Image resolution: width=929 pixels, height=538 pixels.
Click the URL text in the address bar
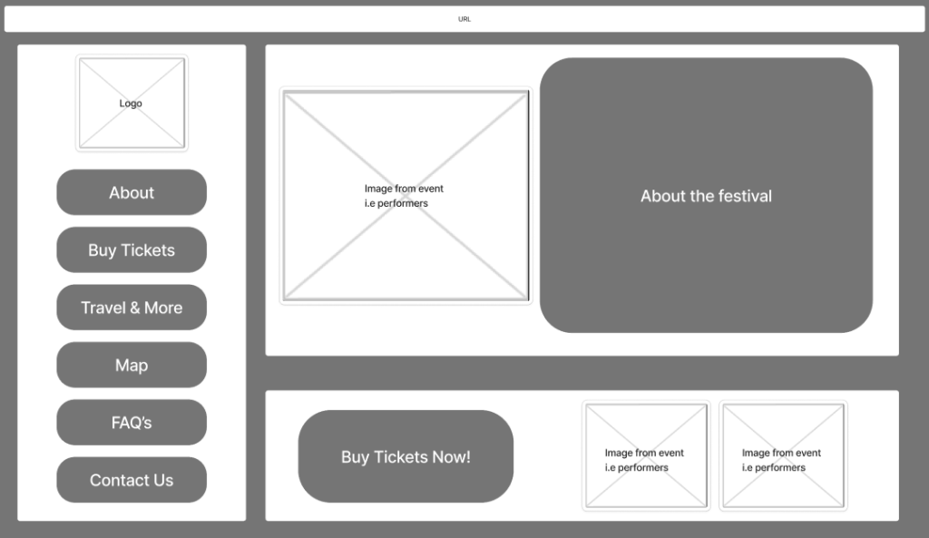(x=464, y=19)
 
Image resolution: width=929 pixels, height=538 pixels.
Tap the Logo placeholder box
(x=132, y=103)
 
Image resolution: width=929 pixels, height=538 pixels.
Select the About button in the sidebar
(x=132, y=192)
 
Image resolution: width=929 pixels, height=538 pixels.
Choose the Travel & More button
(x=132, y=308)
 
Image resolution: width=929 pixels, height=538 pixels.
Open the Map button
(x=132, y=365)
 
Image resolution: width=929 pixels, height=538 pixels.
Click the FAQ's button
(x=132, y=423)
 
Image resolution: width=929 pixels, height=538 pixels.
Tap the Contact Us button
(x=132, y=480)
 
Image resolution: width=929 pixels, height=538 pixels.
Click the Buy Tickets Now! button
(x=406, y=456)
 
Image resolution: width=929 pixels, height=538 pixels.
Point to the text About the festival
(x=706, y=196)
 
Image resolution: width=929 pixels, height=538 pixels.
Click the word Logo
(x=131, y=103)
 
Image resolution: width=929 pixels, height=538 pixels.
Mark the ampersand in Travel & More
(x=134, y=308)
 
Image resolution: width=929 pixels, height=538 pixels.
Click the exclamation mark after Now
(x=468, y=457)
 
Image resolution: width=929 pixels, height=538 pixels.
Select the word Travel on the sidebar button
(x=103, y=308)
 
